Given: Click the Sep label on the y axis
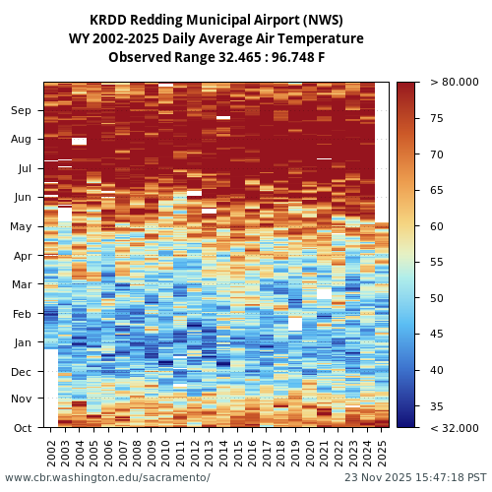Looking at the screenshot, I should [22, 111].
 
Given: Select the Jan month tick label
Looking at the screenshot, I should [22, 343].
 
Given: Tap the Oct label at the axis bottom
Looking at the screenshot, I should [22, 428].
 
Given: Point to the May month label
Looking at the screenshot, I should [22, 227].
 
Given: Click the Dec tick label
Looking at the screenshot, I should [22, 372].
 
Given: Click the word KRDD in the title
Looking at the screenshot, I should [107, 20].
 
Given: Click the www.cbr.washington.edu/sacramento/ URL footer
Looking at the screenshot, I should [107, 477].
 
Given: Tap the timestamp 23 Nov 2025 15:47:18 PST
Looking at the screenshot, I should [414, 477].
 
